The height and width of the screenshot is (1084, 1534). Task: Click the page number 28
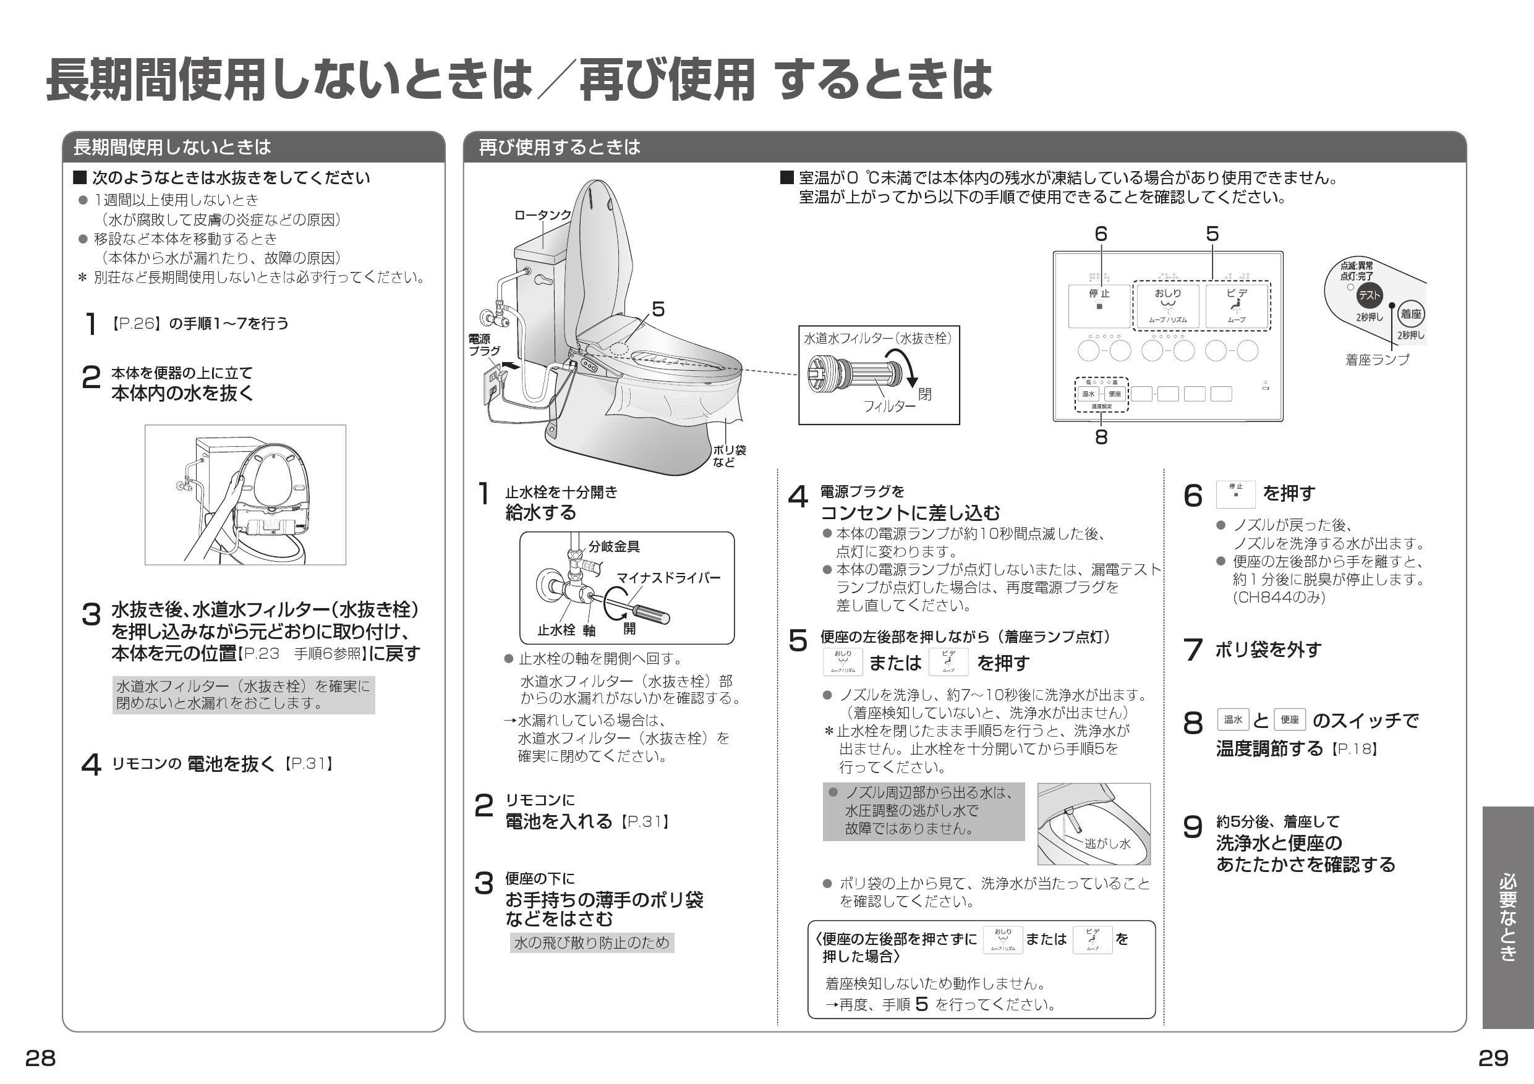40,1058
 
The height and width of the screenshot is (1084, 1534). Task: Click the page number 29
1493,1058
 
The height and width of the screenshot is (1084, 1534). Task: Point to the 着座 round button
1411,314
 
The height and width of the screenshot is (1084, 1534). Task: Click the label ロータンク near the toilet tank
542,215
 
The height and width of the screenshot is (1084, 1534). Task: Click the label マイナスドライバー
667,578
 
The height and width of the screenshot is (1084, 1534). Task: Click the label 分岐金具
614,546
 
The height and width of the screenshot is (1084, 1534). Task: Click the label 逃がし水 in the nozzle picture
1107,844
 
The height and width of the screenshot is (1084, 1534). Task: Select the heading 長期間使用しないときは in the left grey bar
172,147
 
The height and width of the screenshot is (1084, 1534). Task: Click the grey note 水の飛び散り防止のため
591,942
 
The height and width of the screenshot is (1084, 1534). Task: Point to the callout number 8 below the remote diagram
1101,437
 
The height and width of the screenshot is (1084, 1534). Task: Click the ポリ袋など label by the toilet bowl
729,456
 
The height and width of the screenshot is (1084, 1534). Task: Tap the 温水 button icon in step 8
1233,720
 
